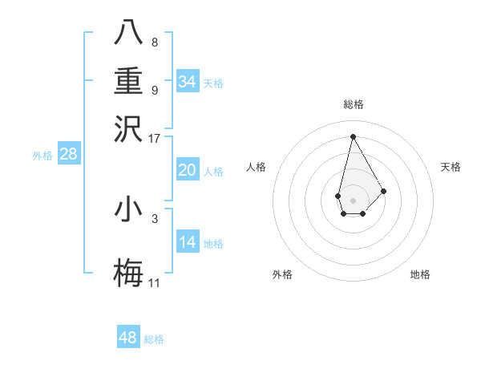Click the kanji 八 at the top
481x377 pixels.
tap(128, 31)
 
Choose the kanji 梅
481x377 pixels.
tap(128, 272)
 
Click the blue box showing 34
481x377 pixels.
tap(187, 82)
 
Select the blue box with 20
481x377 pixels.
tap(187, 170)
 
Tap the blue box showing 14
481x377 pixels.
tap(187, 242)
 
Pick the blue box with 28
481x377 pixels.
tap(68, 155)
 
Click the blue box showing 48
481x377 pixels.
tap(128, 338)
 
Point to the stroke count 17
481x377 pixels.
tap(155, 138)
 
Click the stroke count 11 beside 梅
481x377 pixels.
tap(155, 282)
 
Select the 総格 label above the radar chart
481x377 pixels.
tap(353, 104)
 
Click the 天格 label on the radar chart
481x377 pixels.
tap(451, 167)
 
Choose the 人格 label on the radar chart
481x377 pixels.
tap(256, 167)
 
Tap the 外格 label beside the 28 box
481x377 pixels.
tap(42, 156)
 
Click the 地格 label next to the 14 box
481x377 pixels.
tap(213, 243)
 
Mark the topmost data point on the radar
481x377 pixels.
tap(353, 136)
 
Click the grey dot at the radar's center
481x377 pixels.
tap(353, 199)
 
